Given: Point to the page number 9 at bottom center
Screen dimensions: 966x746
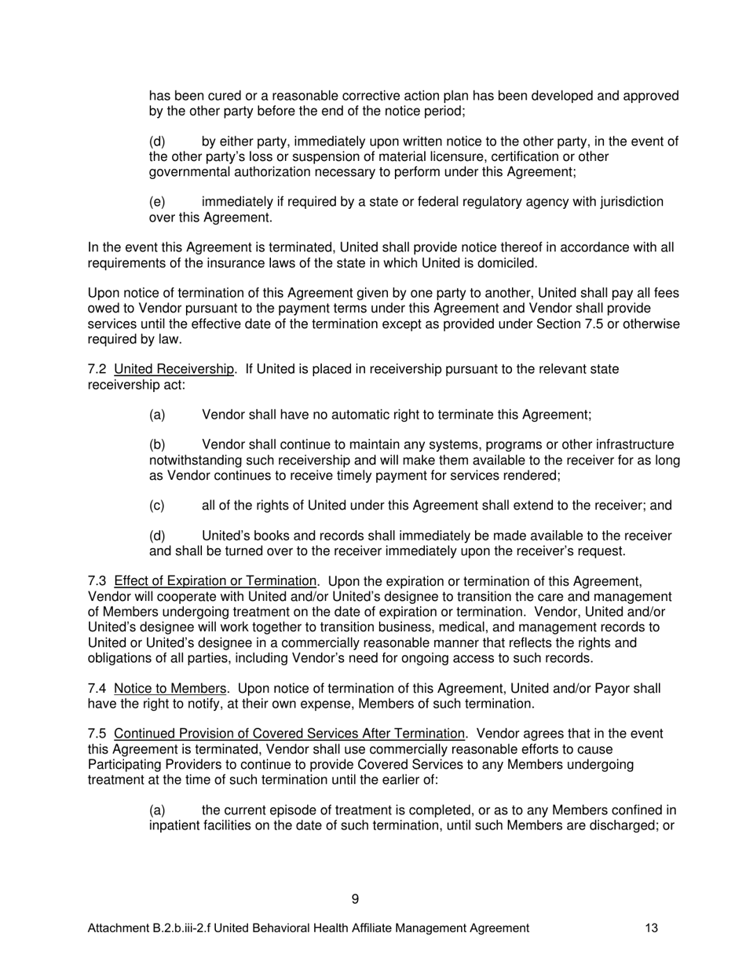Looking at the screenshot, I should (356, 899).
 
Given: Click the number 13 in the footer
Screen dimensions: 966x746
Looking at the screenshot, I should (652, 928).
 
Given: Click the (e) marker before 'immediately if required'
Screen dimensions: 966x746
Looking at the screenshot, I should (157, 202).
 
